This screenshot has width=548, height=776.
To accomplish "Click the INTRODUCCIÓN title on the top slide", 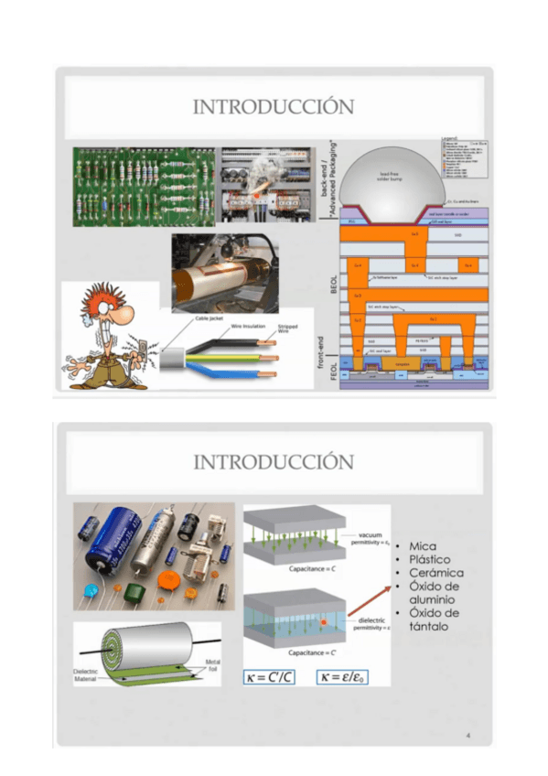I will (273, 108).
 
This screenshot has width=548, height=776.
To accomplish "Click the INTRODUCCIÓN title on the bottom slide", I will (273, 461).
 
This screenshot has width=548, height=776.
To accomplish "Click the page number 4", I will (467, 734).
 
